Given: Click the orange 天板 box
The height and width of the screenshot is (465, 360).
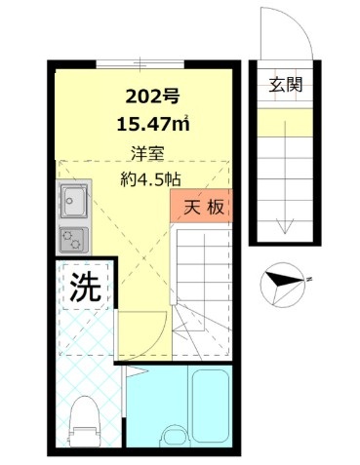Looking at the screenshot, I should coord(200,208).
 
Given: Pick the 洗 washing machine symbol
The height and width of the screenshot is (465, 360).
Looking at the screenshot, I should coord(85,287).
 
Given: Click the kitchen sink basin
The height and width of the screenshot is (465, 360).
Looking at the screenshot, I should coord(74,202).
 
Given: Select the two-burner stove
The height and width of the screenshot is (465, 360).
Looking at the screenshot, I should coord(74,238).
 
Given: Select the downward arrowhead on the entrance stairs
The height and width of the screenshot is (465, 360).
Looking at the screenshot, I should coord(283,227).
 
